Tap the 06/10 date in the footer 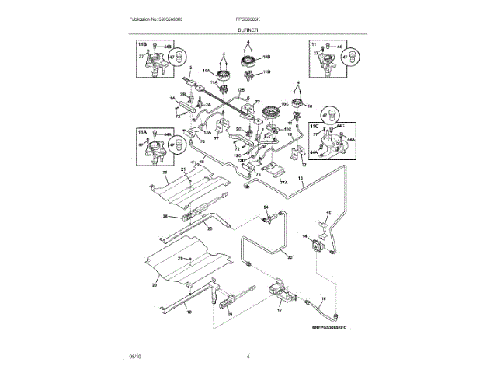pos(135,356)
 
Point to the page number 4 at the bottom pos(248,356)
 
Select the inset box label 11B pos(142,46)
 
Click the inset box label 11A pos(142,133)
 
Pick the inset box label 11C pos(314,124)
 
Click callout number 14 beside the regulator pos(304,235)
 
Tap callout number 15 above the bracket pos(327,213)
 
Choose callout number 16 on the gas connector pos(325,298)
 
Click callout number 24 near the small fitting pos(265,207)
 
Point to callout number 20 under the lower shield pos(155,286)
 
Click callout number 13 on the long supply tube pos(300,180)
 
